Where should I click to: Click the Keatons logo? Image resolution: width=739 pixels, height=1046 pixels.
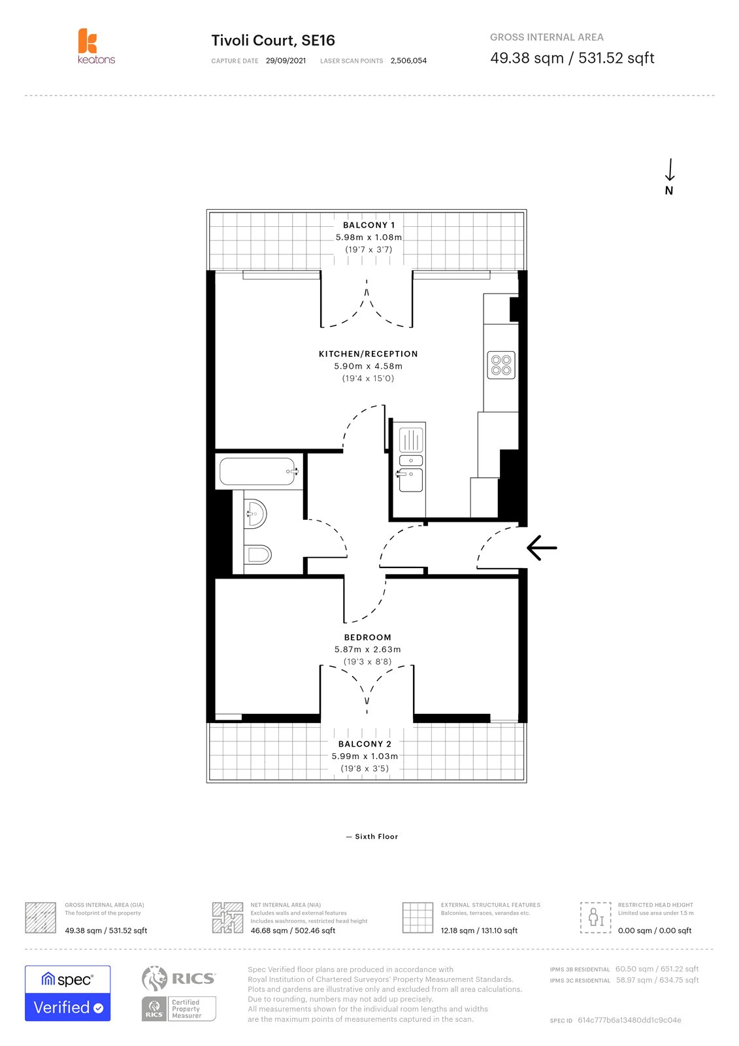95,46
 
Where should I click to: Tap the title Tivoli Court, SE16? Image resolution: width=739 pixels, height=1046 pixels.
273,41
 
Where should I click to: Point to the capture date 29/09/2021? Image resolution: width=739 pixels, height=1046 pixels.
286,61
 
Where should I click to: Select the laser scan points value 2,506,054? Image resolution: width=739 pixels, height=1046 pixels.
408,61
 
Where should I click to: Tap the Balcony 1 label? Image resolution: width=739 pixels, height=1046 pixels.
369,225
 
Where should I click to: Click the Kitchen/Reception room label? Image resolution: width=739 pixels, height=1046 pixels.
368,354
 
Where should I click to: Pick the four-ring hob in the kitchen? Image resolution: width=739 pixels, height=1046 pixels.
501,365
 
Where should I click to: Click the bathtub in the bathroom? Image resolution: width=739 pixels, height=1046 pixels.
257,471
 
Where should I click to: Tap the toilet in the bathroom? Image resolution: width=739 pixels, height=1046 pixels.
258,555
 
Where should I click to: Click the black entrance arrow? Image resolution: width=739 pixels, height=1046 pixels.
542,548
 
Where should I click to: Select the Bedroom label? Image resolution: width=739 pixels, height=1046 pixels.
368,637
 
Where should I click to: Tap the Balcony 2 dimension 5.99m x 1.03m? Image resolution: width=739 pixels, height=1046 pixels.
365,756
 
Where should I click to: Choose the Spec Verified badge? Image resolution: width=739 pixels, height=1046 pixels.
68,993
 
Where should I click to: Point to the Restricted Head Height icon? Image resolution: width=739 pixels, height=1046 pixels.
595,917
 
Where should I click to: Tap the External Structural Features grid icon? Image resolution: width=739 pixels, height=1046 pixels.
418,917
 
